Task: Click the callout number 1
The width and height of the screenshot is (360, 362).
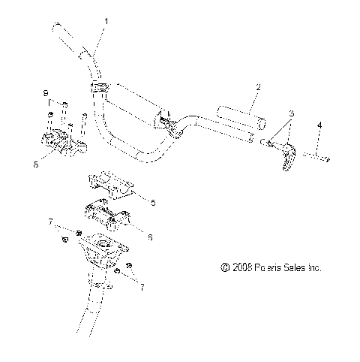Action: (106, 22)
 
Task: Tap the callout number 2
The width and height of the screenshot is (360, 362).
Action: (259, 89)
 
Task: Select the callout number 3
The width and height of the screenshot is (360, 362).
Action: (292, 113)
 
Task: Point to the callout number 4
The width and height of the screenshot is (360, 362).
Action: (319, 124)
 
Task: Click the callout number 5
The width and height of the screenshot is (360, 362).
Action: (154, 203)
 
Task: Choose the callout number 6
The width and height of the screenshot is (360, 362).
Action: (150, 237)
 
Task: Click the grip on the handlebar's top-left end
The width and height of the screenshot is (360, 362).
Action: (69, 38)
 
